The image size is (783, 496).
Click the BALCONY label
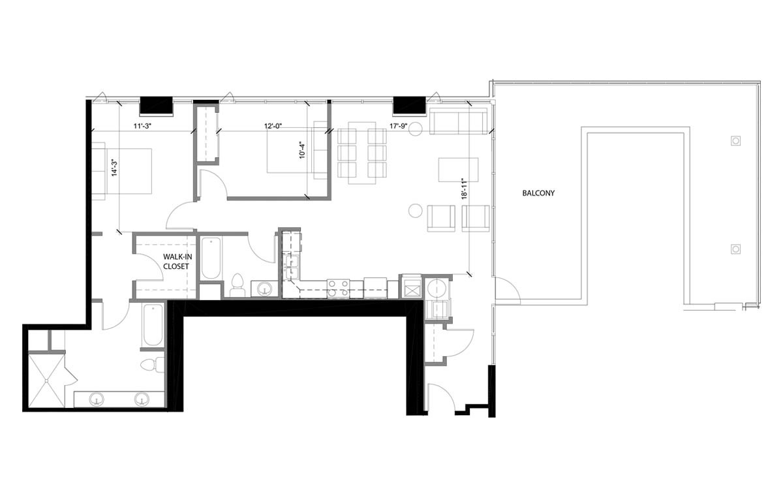538,193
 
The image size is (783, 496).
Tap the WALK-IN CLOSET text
176,262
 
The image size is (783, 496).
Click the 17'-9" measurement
399,127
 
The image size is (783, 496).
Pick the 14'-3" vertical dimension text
114,167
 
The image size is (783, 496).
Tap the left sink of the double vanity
98,398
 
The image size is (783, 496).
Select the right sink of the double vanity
142,398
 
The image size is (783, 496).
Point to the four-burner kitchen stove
338,288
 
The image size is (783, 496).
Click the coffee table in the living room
458,169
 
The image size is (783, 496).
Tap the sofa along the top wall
457,121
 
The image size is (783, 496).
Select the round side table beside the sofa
415,129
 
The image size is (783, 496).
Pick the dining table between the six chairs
362,153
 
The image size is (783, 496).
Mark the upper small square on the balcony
735,141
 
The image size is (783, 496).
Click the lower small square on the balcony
735,249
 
